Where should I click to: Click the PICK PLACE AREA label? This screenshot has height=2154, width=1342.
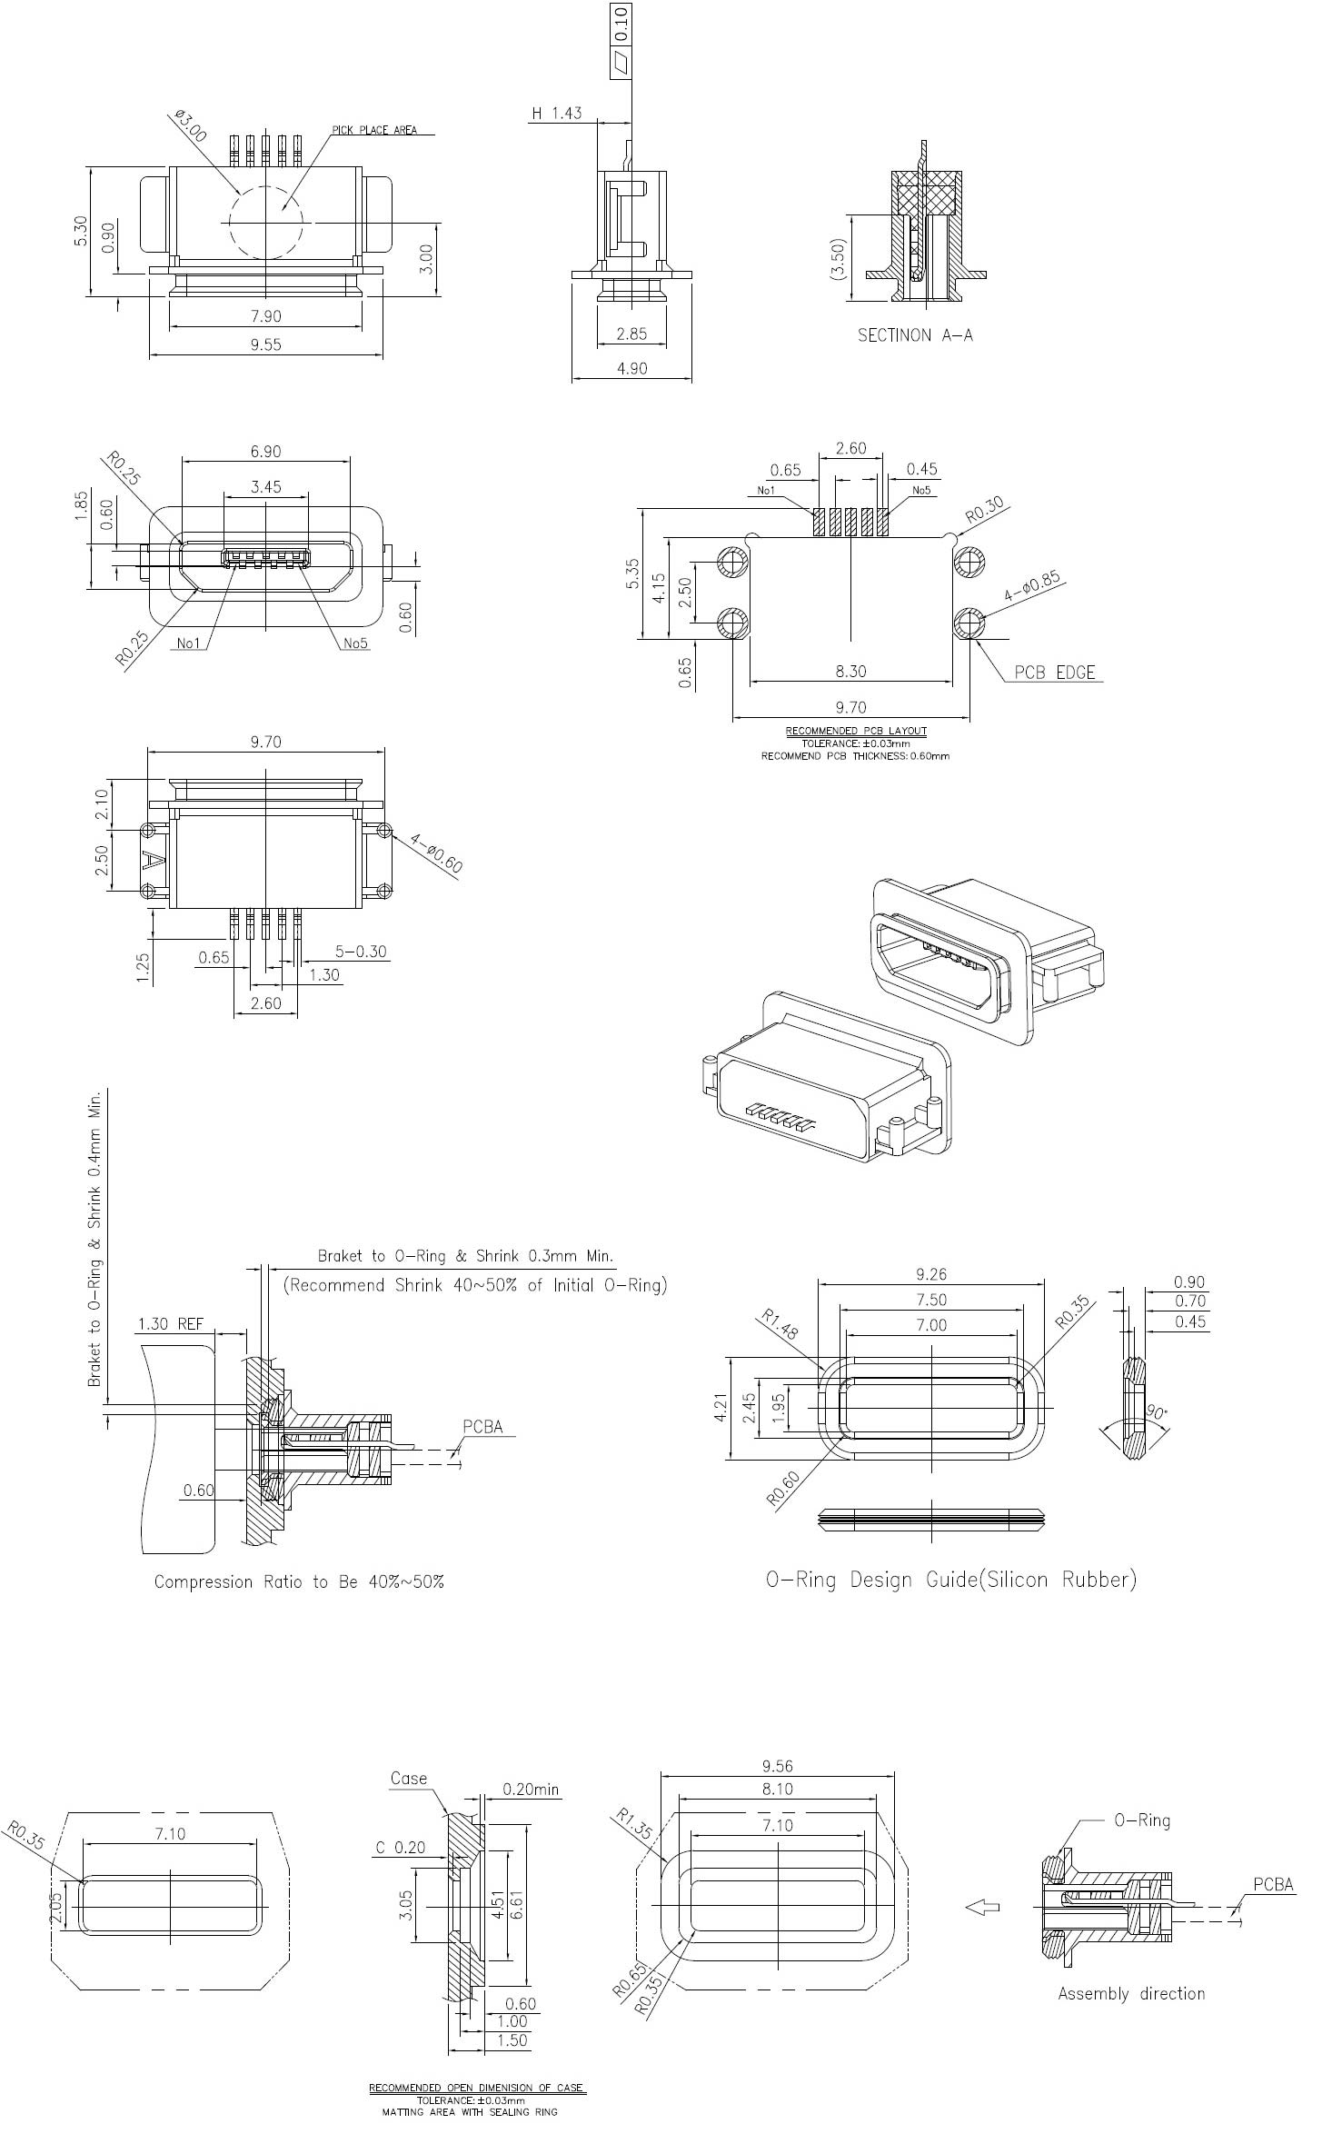(374, 130)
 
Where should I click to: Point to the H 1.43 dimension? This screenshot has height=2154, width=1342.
(556, 113)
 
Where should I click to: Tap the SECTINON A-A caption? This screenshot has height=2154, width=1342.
(915, 335)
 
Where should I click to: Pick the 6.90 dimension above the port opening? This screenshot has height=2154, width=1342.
(265, 452)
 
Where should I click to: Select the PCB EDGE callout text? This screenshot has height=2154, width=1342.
(1055, 673)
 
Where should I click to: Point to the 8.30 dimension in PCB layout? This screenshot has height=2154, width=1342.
(850, 672)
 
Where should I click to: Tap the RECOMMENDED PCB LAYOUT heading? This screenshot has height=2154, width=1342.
(856, 731)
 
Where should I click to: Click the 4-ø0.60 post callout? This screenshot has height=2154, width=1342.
(436, 853)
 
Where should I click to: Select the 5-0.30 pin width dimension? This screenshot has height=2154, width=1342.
(361, 952)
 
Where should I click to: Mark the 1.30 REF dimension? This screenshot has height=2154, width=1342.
(171, 1324)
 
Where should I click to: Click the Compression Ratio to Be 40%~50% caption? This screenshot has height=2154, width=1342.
(299, 1582)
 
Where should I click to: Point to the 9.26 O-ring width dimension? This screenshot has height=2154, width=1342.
(931, 1274)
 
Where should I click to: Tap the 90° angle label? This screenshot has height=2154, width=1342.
(1156, 1413)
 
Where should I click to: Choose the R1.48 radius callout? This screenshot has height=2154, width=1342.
(780, 1325)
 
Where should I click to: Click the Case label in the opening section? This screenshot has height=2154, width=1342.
(408, 1779)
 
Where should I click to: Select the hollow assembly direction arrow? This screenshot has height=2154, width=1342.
(982, 1907)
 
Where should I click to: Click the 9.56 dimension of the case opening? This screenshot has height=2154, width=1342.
(778, 1766)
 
